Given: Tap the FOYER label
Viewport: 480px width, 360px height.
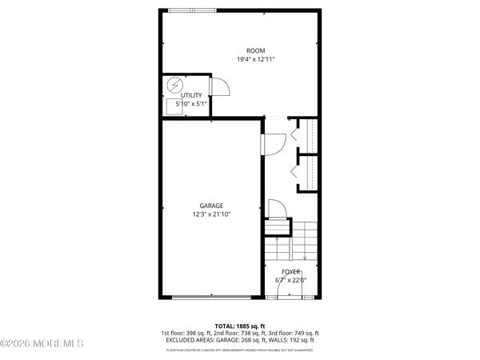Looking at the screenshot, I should [290, 272].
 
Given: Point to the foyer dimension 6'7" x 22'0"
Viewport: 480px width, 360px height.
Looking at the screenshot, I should [290, 280].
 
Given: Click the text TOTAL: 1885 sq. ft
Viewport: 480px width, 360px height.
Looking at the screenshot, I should [240, 326].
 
